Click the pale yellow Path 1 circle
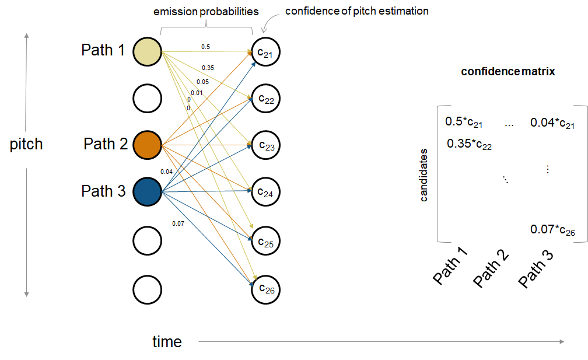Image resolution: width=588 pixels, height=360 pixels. (147, 51)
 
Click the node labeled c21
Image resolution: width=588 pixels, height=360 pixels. (266, 53)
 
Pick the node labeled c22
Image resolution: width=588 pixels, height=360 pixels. (266, 99)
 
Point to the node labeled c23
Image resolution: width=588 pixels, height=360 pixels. (266, 145)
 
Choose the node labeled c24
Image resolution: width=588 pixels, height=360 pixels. (266, 193)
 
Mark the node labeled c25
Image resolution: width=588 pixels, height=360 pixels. (266, 240)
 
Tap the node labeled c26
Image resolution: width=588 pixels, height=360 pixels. (266, 288)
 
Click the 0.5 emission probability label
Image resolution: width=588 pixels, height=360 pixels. (206, 47)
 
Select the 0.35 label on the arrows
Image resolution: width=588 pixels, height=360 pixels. (208, 68)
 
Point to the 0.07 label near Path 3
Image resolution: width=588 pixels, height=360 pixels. (178, 223)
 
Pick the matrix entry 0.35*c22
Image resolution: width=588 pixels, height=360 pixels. (470, 144)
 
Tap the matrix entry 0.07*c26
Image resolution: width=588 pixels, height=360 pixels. (552, 230)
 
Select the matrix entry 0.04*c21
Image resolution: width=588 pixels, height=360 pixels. (552, 123)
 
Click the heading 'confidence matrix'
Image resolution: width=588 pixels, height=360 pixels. (508, 72)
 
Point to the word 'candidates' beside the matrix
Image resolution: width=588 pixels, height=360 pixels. (424, 175)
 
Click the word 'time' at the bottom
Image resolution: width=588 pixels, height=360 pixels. (167, 341)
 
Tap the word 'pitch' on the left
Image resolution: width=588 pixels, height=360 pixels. (26, 144)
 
